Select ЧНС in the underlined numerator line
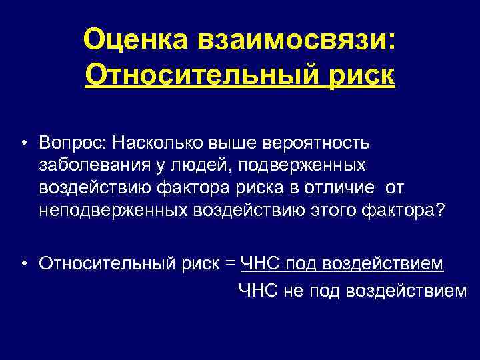click(260, 265)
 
